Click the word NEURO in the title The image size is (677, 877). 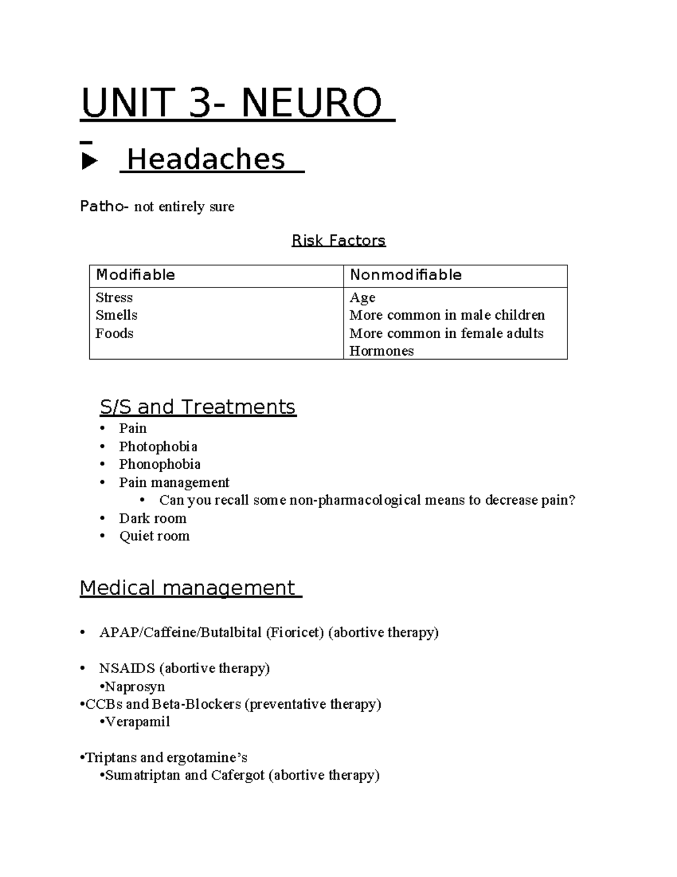click(311, 103)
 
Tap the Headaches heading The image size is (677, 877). click(206, 159)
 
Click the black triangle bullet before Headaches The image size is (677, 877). click(89, 162)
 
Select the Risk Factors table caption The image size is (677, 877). click(338, 241)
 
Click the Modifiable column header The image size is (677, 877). click(135, 275)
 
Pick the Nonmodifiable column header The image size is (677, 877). click(406, 275)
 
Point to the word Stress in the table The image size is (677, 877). click(114, 298)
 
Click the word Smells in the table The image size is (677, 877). click(116, 315)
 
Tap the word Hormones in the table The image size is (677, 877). click(381, 351)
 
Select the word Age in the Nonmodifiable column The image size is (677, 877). click(362, 298)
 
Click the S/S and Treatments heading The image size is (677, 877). click(197, 407)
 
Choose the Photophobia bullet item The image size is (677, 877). click(158, 447)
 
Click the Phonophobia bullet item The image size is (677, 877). click(160, 464)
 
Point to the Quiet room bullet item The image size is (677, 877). click(154, 536)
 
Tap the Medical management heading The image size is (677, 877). click(187, 588)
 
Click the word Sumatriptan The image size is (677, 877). click(143, 775)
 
